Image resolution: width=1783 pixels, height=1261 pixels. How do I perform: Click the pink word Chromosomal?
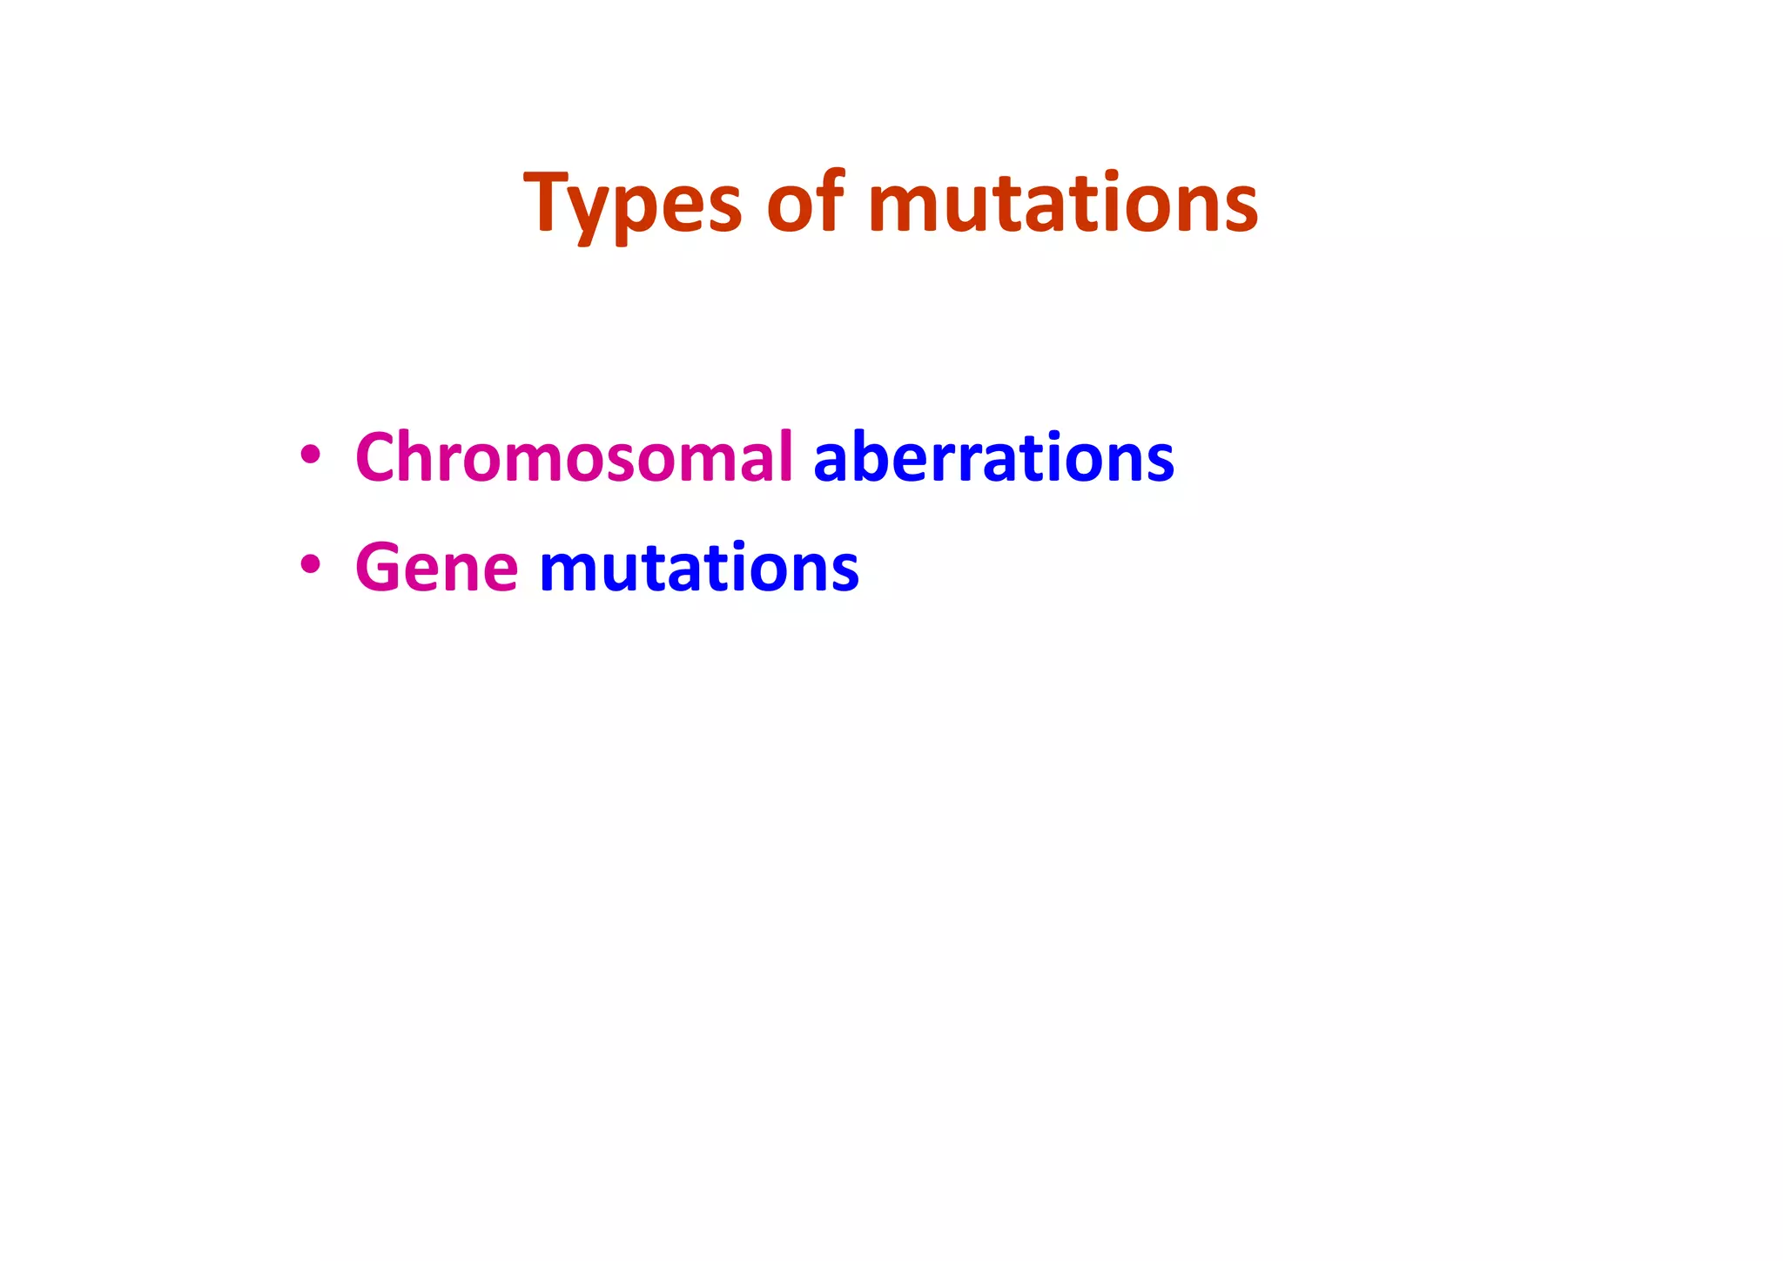(x=574, y=457)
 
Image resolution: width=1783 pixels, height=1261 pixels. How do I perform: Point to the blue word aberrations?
(x=993, y=457)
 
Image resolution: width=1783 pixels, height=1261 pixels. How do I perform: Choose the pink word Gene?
(x=436, y=568)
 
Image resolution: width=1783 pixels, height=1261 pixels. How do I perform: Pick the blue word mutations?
(x=699, y=568)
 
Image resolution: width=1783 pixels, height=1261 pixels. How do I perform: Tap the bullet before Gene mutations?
(x=310, y=565)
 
